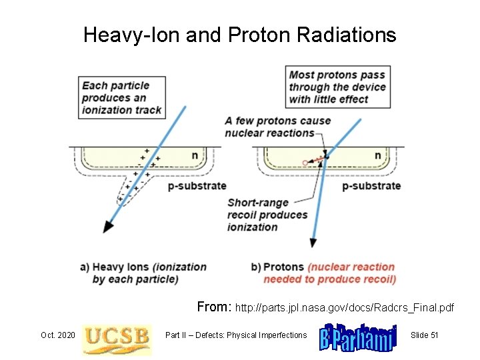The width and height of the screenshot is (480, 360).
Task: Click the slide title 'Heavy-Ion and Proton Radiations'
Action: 239,35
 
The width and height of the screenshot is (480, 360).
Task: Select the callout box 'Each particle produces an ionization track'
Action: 121,97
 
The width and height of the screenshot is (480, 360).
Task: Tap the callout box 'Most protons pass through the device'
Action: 337,87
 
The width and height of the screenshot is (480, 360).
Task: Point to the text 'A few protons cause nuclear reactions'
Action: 277,127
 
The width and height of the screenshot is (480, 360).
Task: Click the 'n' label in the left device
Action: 195,155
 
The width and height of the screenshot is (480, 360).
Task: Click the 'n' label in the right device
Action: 377,155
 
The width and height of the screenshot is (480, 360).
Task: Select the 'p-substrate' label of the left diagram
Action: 197,185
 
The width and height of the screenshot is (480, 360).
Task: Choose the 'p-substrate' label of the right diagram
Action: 371,185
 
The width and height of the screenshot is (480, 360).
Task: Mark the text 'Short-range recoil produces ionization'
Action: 267,215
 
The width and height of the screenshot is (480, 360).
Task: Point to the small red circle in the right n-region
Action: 305,163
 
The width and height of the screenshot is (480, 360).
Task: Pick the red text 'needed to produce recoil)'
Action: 329,279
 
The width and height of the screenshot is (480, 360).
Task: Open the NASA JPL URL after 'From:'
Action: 344,308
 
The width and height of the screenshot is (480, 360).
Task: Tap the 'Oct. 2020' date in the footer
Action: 57,335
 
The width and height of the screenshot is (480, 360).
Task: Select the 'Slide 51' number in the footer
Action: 424,335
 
